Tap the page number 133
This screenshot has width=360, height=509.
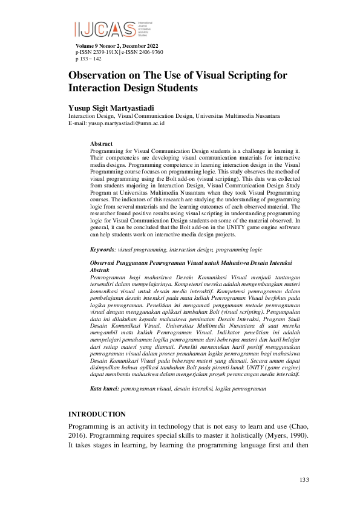tap(304, 480)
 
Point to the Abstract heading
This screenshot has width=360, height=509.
tap(100, 143)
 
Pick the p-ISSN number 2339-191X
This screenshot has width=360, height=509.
tap(103, 53)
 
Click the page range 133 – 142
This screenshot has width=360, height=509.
tap(91, 59)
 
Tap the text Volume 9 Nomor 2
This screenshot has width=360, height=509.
tap(98, 47)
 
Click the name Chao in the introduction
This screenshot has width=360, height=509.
tap(291, 427)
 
